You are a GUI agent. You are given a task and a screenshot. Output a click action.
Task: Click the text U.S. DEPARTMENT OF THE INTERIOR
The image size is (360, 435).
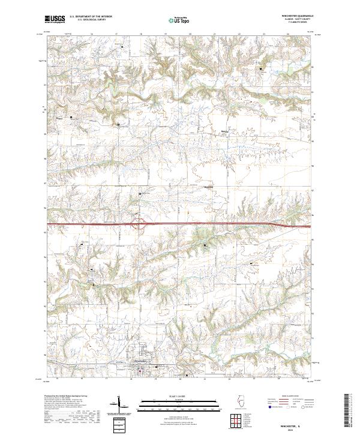coord(91,17)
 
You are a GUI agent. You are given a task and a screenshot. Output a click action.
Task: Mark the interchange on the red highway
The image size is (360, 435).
coord(142,226)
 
